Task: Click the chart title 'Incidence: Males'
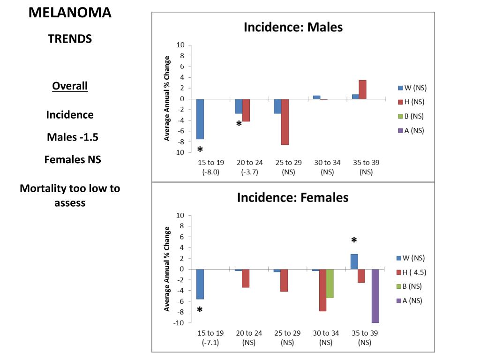(x=293, y=27)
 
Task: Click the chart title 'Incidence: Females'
(x=292, y=198)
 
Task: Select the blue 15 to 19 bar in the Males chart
(x=200, y=119)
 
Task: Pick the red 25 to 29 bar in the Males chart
(x=285, y=122)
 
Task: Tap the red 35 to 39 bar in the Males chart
(x=362, y=90)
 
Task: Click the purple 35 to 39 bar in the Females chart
(x=375, y=296)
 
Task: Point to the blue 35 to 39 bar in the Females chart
(x=354, y=262)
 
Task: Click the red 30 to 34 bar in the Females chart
(x=322, y=290)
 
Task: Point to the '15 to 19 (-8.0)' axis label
(x=211, y=167)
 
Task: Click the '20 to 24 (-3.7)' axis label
(x=250, y=167)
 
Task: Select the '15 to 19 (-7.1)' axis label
(x=210, y=337)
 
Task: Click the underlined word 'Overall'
(x=70, y=86)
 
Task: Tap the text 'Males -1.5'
(x=73, y=137)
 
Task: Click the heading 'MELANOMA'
(x=70, y=13)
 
